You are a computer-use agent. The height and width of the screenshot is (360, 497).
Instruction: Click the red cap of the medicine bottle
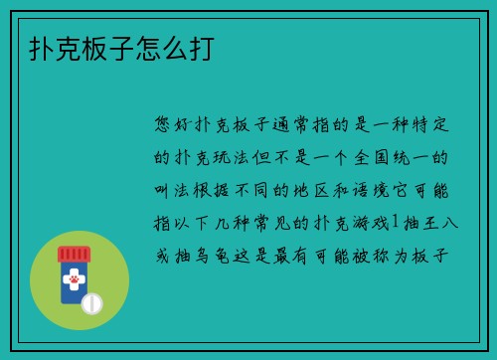click(72, 252)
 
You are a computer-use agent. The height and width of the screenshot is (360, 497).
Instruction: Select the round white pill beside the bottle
click(91, 301)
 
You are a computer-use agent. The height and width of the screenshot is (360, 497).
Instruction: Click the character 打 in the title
click(197, 47)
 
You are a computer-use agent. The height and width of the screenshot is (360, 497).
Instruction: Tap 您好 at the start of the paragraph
click(175, 125)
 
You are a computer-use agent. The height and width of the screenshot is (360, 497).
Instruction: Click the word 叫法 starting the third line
click(175, 189)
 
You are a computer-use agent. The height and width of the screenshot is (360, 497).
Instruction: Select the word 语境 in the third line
click(390, 189)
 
